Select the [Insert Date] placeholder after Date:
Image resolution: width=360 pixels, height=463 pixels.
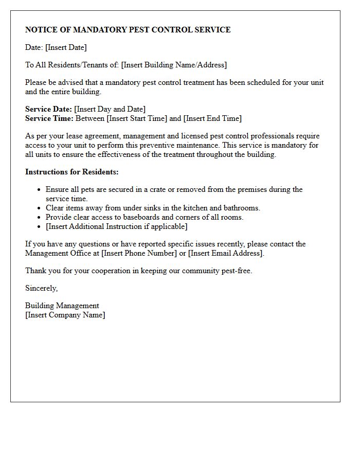pos(66,47)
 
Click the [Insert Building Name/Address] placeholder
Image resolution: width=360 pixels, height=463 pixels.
pos(174,65)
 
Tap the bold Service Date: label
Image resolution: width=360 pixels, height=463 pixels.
pos(48,109)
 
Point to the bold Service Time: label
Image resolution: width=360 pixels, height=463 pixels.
pos(49,118)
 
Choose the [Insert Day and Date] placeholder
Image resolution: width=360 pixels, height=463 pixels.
pos(110,109)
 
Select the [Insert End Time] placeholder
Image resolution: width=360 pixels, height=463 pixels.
pos(212,118)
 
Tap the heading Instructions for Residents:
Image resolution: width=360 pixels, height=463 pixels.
pos(71,172)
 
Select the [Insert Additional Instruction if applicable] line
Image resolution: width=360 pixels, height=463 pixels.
pos(116,226)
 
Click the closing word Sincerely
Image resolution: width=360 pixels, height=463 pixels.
pos(41,288)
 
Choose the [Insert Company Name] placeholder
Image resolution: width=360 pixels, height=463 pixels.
pos(65,315)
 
